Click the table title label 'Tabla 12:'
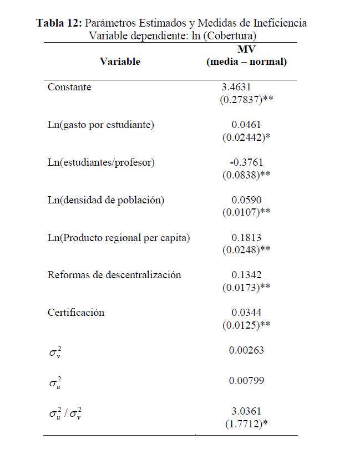coord(59,23)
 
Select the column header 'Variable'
coord(120,62)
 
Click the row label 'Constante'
coord(69,88)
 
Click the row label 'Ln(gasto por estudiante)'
coord(101,125)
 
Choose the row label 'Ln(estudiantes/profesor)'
coord(101,162)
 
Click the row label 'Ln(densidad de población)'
coord(106,200)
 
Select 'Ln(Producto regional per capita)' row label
coord(119,238)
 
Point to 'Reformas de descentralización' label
coord(114,275)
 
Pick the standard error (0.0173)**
coord(246,287)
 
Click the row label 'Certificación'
coord(76,313)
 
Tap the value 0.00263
coord(246,350)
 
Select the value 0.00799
coord(246,381)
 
